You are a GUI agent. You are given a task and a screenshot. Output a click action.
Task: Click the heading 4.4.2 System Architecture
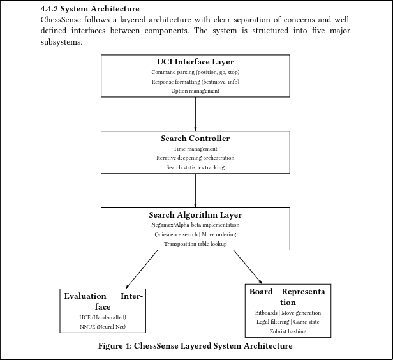(x=90, y=9)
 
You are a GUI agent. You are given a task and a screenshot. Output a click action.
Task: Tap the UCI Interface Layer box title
(x=195, y=62)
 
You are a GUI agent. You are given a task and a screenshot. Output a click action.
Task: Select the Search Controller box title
(x=195, y=139)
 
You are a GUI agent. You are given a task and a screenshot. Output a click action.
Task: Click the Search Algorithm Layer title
(x=195, y=215)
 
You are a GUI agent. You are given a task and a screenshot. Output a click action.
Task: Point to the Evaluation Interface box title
(x=103, y=301)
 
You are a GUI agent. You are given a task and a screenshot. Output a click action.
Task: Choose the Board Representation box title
(x=288, y=297)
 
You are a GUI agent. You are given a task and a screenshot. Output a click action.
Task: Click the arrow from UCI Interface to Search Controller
(x=195, y=114)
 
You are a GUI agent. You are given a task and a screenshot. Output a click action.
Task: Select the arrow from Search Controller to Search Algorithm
(x=195, y=190)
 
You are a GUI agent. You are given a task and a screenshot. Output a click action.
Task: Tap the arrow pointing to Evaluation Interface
(x=142, y=269)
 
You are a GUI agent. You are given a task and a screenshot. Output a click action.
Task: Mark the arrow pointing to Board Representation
(x=248, y=267)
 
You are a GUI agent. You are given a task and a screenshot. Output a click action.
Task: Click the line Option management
(x=195, y=91)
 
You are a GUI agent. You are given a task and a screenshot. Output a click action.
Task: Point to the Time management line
(x=195, y=149)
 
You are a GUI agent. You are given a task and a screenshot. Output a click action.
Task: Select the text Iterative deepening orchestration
(x=195, y=158)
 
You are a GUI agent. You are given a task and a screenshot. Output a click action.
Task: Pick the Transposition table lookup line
(x=195, y=244)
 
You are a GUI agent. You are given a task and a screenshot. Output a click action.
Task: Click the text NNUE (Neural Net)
(x=103, y=327)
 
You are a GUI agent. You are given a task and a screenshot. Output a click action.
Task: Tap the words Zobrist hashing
(x=288, y=331)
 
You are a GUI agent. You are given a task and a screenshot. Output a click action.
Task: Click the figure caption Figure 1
(x=195, y=346)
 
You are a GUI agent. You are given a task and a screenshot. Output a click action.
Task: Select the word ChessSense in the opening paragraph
(x=61, y=20)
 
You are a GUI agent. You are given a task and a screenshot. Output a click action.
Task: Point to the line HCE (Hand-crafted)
(x=103, y=317)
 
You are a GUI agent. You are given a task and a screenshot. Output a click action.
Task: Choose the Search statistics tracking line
(x=195, y=167)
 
